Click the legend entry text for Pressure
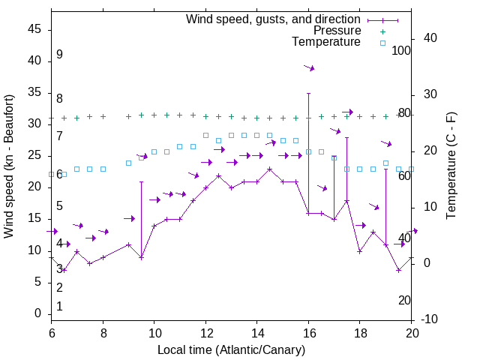tap(337, 31)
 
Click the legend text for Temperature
tap(326, 43)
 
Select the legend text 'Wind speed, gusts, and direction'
tap(273, 19)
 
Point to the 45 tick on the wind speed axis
tap(35, 29)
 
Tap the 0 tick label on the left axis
tap(38, 313)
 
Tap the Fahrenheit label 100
tap(401, 50)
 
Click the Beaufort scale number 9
tap(59, 55)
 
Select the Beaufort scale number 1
tap(59, 306)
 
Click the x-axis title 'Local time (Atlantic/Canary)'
tap(232, 349)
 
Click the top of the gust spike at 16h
tap(308, 94)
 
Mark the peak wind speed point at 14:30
tap(269, 169)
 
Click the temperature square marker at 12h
tap(205, 135)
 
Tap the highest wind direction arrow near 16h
tap(309, 67)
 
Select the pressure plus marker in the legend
tap(382, 31)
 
